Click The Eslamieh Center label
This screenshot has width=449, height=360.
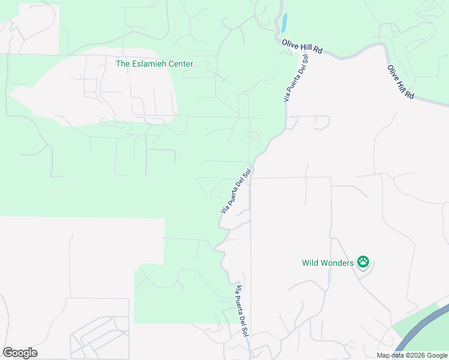tap(154, 63)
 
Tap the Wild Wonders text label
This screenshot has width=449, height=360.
tap(328, 263)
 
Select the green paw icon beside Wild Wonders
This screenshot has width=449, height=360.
tap(363, 262)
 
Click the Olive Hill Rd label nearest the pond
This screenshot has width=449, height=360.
tap(302, 46)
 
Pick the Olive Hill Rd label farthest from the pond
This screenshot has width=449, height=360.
tap(401, 82)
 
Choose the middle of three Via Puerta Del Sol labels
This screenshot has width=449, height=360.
tap(235, 191)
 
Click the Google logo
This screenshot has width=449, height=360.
tap(20, 353)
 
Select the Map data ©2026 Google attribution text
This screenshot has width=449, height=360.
tap(412, 355)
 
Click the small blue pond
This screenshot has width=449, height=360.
tap(283, 23)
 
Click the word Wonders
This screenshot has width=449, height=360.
tap(337, 263)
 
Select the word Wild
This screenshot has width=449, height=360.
tap(310, 263)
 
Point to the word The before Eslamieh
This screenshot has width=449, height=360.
tap(123, 63)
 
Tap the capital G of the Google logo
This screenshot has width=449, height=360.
tap(8, 353)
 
